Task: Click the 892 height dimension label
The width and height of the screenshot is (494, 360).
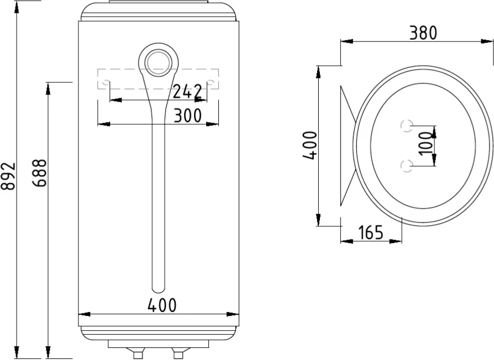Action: click(8, 177)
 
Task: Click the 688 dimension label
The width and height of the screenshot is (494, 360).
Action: click(40, 173)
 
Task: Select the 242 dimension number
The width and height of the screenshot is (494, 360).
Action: click(187, 92)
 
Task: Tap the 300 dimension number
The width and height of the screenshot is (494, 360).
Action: click(188, 115)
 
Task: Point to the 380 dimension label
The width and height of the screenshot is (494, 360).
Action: click(423, 33)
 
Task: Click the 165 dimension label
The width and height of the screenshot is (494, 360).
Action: click(370, 232)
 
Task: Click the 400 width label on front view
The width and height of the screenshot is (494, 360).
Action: click(162, 305)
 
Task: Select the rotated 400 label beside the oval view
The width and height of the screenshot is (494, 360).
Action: click(310, 145)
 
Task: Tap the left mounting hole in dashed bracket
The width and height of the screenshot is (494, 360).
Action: click(106, 83)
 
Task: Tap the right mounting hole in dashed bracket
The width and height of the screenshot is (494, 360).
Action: click(211, 83)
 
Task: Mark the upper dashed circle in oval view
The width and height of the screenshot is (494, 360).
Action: click(407, 126)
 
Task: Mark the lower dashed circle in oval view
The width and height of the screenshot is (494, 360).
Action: click(407, 166)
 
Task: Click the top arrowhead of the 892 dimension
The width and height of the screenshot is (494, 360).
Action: click(17, 7)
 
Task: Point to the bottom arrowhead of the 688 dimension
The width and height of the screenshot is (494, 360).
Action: click(48, 353)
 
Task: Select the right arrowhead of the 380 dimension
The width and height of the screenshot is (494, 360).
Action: click(487, 41)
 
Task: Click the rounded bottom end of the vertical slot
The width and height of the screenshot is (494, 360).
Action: click(158, 289)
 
